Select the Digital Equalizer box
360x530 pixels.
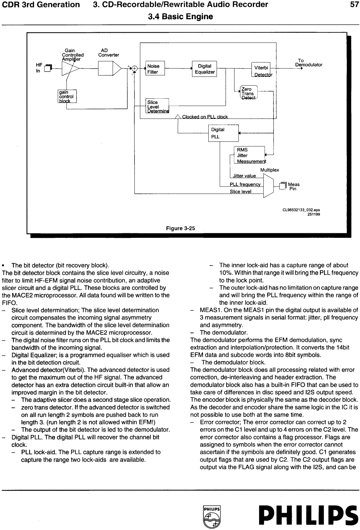(x=204, y=69)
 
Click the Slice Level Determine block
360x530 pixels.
(x=157, y=106)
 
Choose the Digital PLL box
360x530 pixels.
(x=223, y=133)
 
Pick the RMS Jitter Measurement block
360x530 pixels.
(x=249, y=155)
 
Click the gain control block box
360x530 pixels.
(x=67, y=96)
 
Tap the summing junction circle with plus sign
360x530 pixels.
(x=134, y=69)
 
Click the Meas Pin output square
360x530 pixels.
(x=282, y=186)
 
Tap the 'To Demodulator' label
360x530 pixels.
(x=308, y=63)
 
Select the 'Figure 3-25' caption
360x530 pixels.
(x=180, y=228)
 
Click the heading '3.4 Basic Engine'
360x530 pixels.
(x=180, y=17)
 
